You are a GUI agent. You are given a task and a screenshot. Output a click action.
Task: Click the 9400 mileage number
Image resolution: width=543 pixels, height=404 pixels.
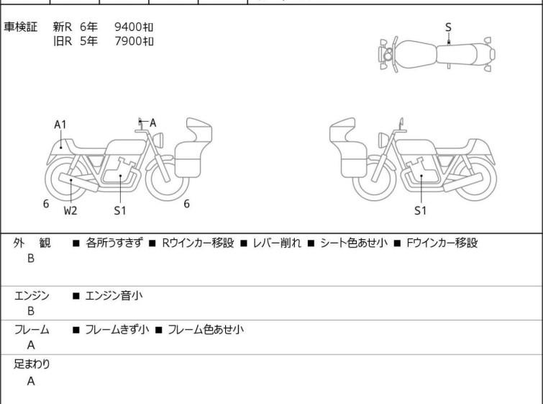tap(128, 27)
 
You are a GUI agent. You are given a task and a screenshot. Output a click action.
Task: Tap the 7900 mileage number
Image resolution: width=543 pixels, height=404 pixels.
tap(128, 41)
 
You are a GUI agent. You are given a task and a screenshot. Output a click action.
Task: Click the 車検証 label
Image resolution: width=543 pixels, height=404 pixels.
tap(20, 27)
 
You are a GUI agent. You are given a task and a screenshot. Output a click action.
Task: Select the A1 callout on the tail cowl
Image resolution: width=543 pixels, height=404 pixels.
tap(60, 125)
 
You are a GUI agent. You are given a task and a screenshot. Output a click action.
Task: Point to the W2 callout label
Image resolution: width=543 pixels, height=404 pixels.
tap(70, 210)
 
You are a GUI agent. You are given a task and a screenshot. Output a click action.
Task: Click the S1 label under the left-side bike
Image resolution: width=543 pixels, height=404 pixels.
tap(120, 210)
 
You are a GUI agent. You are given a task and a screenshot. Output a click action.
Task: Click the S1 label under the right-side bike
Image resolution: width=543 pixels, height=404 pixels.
tap(421, 210)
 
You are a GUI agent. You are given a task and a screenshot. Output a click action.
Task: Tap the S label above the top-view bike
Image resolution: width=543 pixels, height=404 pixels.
tap(448, 27)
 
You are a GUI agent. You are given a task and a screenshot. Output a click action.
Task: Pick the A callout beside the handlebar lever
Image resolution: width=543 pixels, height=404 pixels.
tap(152, 122)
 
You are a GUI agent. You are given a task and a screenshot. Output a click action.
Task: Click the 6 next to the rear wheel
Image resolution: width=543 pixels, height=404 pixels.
tap(46, 204)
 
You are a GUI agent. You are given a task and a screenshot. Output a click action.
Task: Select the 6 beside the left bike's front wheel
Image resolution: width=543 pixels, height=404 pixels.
tap(187, 204)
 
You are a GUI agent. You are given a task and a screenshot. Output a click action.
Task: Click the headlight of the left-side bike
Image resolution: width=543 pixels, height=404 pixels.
tap(158, 140)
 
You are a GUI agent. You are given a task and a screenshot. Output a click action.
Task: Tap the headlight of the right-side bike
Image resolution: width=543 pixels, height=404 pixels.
tap(383, 140)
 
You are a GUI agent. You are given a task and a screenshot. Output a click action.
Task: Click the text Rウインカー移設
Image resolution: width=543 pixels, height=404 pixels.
tap(198, 243)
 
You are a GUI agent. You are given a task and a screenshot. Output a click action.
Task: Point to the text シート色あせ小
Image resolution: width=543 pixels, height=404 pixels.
tap(354, 243)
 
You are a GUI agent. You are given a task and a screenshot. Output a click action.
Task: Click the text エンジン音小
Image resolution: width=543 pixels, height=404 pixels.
tap(114, 295)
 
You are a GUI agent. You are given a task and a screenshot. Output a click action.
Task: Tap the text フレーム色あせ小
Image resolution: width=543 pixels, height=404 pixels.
tap(206, 329)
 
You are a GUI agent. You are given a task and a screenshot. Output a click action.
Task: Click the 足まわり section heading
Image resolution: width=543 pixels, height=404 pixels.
tap(32, 364)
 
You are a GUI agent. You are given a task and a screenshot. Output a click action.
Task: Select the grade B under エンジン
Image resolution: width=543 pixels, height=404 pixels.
tap(31, 311)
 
